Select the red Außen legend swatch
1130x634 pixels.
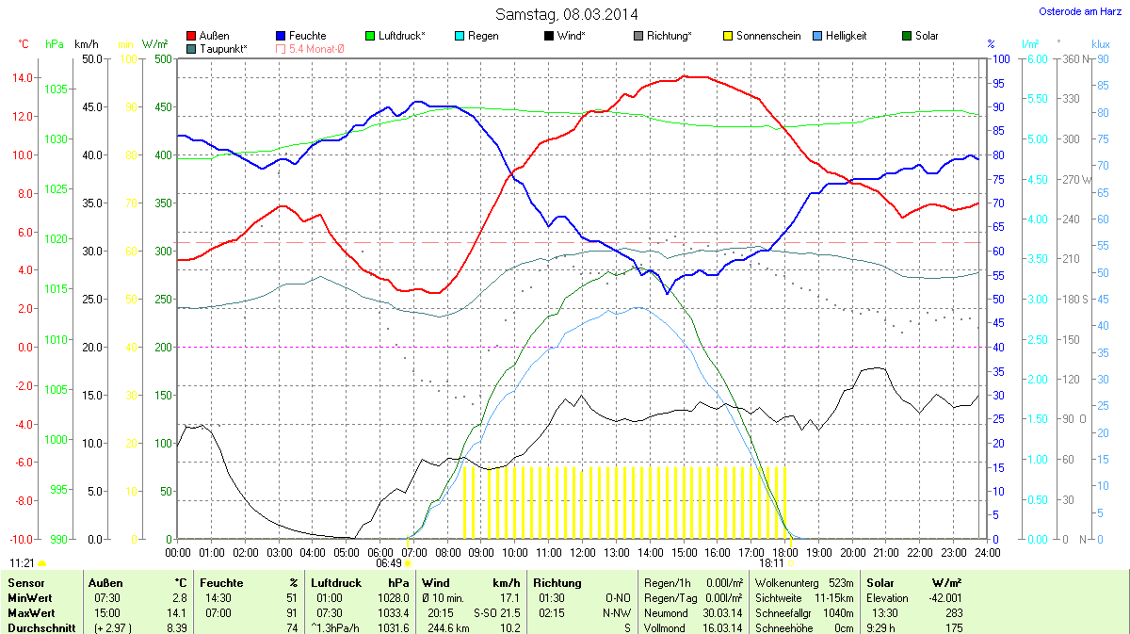pos(192,36)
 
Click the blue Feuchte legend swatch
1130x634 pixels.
pos(281,36)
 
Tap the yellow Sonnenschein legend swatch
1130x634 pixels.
pos(727,36)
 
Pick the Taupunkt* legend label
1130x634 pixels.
pos(224,48)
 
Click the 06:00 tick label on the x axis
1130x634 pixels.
pos(380,552)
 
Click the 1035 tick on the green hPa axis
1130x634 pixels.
pos(56,89)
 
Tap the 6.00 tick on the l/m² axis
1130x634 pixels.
pos(1036,59)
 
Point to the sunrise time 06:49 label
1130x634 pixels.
pos(389,562)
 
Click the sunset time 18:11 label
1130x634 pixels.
pos(773,562)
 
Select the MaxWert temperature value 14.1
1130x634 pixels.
pos(177,612)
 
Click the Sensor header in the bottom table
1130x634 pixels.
pos(25,583)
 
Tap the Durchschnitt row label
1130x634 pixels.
pos(41,627)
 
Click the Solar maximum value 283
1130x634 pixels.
pos(954,612)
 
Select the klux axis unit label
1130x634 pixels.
pos(1100,43)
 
